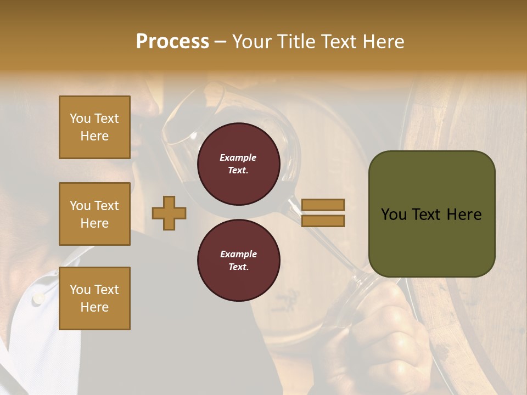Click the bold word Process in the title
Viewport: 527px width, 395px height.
point(172,42)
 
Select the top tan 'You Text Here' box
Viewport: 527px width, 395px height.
point(94,127)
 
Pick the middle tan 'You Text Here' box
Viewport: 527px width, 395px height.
point(94,214)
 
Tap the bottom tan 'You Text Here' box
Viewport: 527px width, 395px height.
point(94,298)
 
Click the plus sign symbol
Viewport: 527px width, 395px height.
point(169,213)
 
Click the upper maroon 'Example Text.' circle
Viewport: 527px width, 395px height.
point(238,164)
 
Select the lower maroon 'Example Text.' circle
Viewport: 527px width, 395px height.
point(238,261)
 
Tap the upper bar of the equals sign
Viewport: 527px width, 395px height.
point(323,205)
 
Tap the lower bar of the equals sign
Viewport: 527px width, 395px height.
point(323,221)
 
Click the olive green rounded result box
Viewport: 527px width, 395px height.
point(431,214)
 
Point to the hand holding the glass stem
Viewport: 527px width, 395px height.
point(379,324)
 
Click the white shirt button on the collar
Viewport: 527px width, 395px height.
point(38,298)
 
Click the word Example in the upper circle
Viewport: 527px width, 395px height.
point(238,157)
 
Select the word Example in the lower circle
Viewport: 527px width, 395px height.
point(238,254)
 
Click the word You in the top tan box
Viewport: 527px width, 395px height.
point(80,119)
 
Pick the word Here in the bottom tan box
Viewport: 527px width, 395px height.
point(94,307)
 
